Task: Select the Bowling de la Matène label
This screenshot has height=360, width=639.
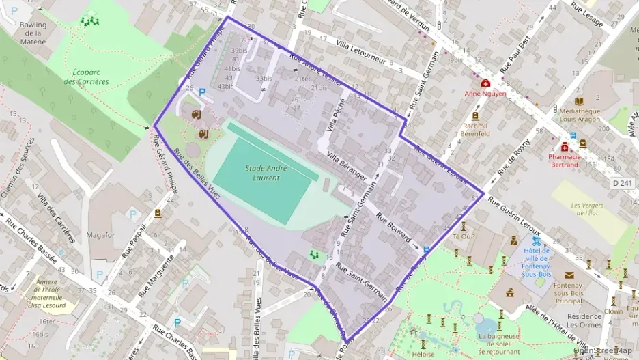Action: [33, 33]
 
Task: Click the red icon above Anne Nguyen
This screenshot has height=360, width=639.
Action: [485, 83]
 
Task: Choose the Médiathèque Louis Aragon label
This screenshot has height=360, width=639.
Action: [580, 115]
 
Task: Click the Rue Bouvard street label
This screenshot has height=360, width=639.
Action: [393, 230]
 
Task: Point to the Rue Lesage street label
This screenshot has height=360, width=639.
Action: [588, 16]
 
